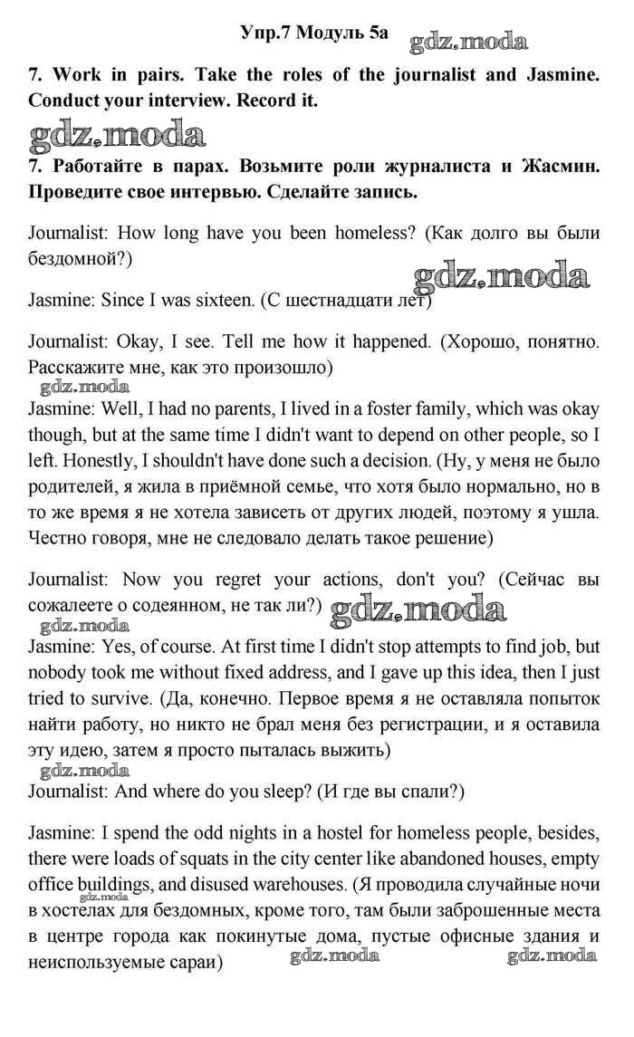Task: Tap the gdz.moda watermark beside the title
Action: click(x=468, y=41)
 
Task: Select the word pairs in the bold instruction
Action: click(x=153, y=75)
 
